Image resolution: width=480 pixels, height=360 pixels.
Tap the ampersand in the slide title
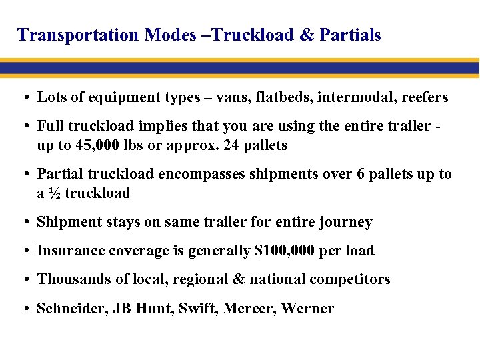pos(307,35)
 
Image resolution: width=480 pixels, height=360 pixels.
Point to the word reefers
pos(424,97)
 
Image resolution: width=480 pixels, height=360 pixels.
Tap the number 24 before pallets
pos(223,145)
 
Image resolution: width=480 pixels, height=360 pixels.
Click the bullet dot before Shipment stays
pos(24,223)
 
